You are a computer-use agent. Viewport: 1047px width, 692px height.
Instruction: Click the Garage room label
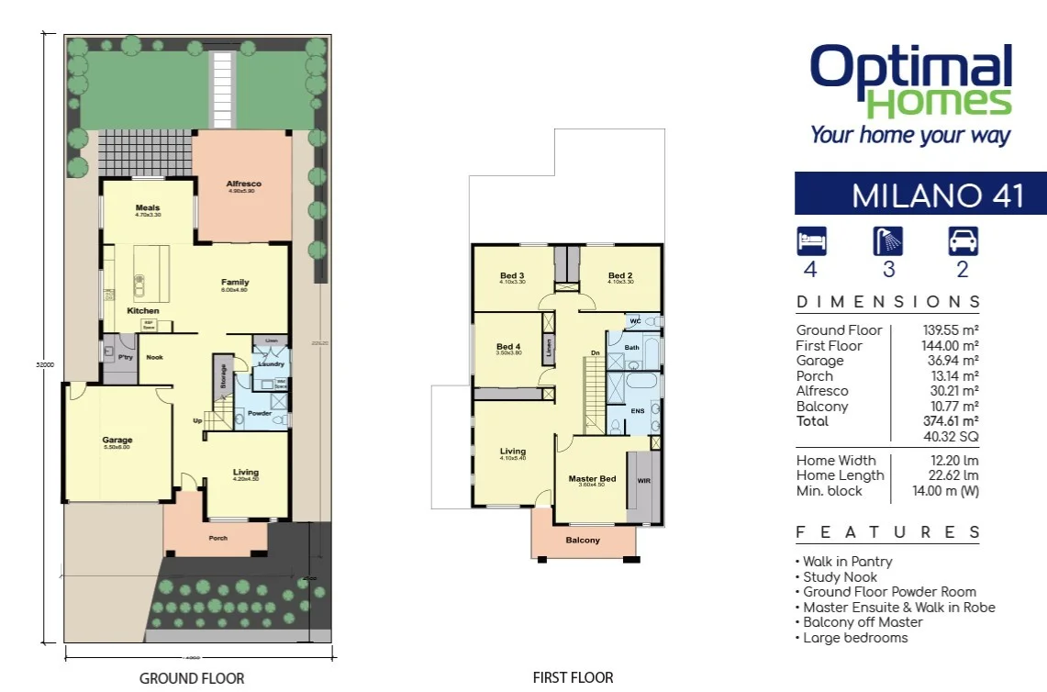tap(117, 441)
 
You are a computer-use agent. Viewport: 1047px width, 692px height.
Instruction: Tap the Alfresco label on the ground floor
tap(243, 184)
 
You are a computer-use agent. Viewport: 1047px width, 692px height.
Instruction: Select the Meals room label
tap(148, 208)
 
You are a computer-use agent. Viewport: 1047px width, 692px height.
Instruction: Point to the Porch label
tap(217, 539)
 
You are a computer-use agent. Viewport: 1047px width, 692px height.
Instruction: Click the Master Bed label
tap(592, 479)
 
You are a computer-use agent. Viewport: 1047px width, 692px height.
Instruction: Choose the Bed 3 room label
tap(512, 275)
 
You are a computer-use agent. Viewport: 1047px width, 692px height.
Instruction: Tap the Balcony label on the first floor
tap(583, 541)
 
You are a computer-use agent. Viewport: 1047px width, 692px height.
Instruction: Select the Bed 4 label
tap(508, 347)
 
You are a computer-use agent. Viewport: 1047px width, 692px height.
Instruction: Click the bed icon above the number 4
tap(812, 240)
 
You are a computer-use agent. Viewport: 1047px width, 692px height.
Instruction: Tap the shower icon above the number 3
tap(887, 240)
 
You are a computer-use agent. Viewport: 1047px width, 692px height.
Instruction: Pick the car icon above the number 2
tap(963, 240)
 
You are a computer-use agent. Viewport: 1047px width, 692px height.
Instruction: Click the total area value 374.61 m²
tap(951, 421)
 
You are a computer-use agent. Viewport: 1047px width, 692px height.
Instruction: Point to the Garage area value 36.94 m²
tap(951, 361)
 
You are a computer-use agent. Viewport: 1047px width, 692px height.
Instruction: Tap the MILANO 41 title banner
tap(920, 195)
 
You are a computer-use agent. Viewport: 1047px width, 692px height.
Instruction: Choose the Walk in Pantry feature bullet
tap(844, 562)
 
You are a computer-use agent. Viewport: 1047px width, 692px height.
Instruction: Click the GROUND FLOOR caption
tap(192, 679)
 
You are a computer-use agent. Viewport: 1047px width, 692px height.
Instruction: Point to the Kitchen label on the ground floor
tap(143, 311)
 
